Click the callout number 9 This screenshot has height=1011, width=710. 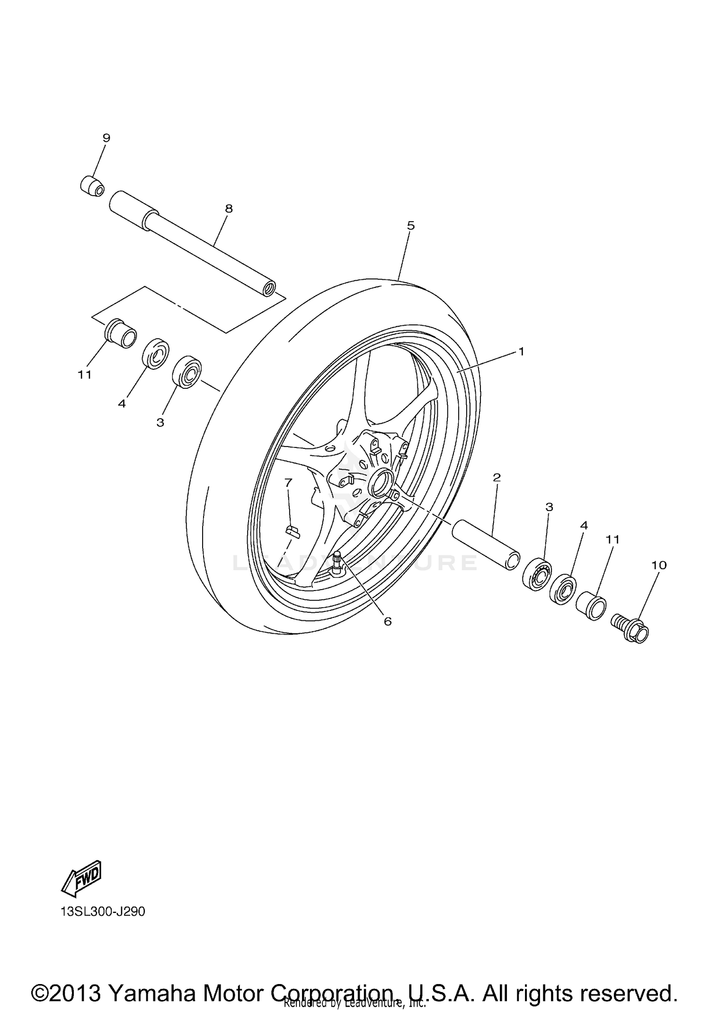(x=106, y=138)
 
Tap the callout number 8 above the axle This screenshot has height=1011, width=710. (x=229, y=208)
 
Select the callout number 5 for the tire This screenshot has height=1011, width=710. (x=410, y=225)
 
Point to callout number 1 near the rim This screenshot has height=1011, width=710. (x=521, y=351)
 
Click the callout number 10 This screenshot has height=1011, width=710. (x=659, y=565)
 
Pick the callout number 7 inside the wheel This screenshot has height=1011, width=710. (x=288, y=482)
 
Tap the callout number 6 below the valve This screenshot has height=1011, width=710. (x=388, y=621)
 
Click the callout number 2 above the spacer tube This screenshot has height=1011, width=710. (x=497, y=477)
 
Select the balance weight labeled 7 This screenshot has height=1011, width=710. (x=293, y=531)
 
